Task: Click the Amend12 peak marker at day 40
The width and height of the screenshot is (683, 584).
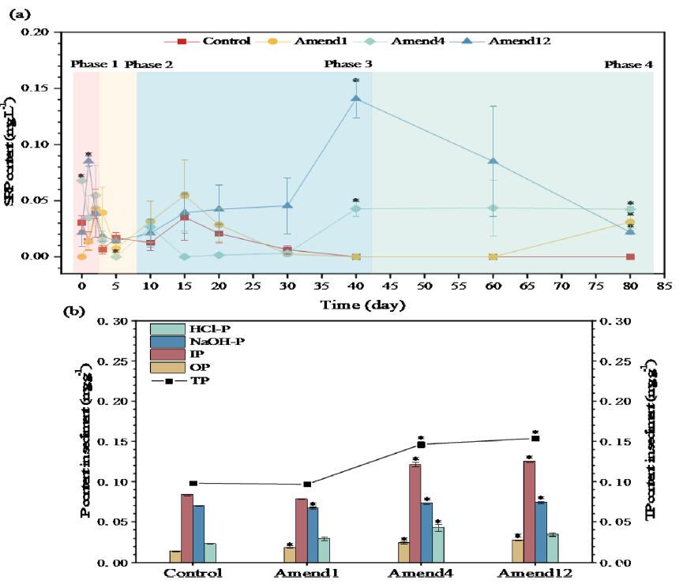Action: coord(356,99)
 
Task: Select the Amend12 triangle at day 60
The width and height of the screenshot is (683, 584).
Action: coord(493,161)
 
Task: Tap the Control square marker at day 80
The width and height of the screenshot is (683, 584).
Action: coord(630,256)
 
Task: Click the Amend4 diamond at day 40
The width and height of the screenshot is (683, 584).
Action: coord(356,208)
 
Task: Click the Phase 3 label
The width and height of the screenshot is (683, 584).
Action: coord(348,64)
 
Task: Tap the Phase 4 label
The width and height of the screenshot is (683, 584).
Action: coord(629,64)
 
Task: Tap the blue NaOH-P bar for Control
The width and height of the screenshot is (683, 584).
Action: coord(198,533)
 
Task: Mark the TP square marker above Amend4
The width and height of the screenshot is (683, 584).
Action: coord(422,445)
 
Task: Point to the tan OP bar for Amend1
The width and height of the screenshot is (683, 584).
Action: coord(290,554)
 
